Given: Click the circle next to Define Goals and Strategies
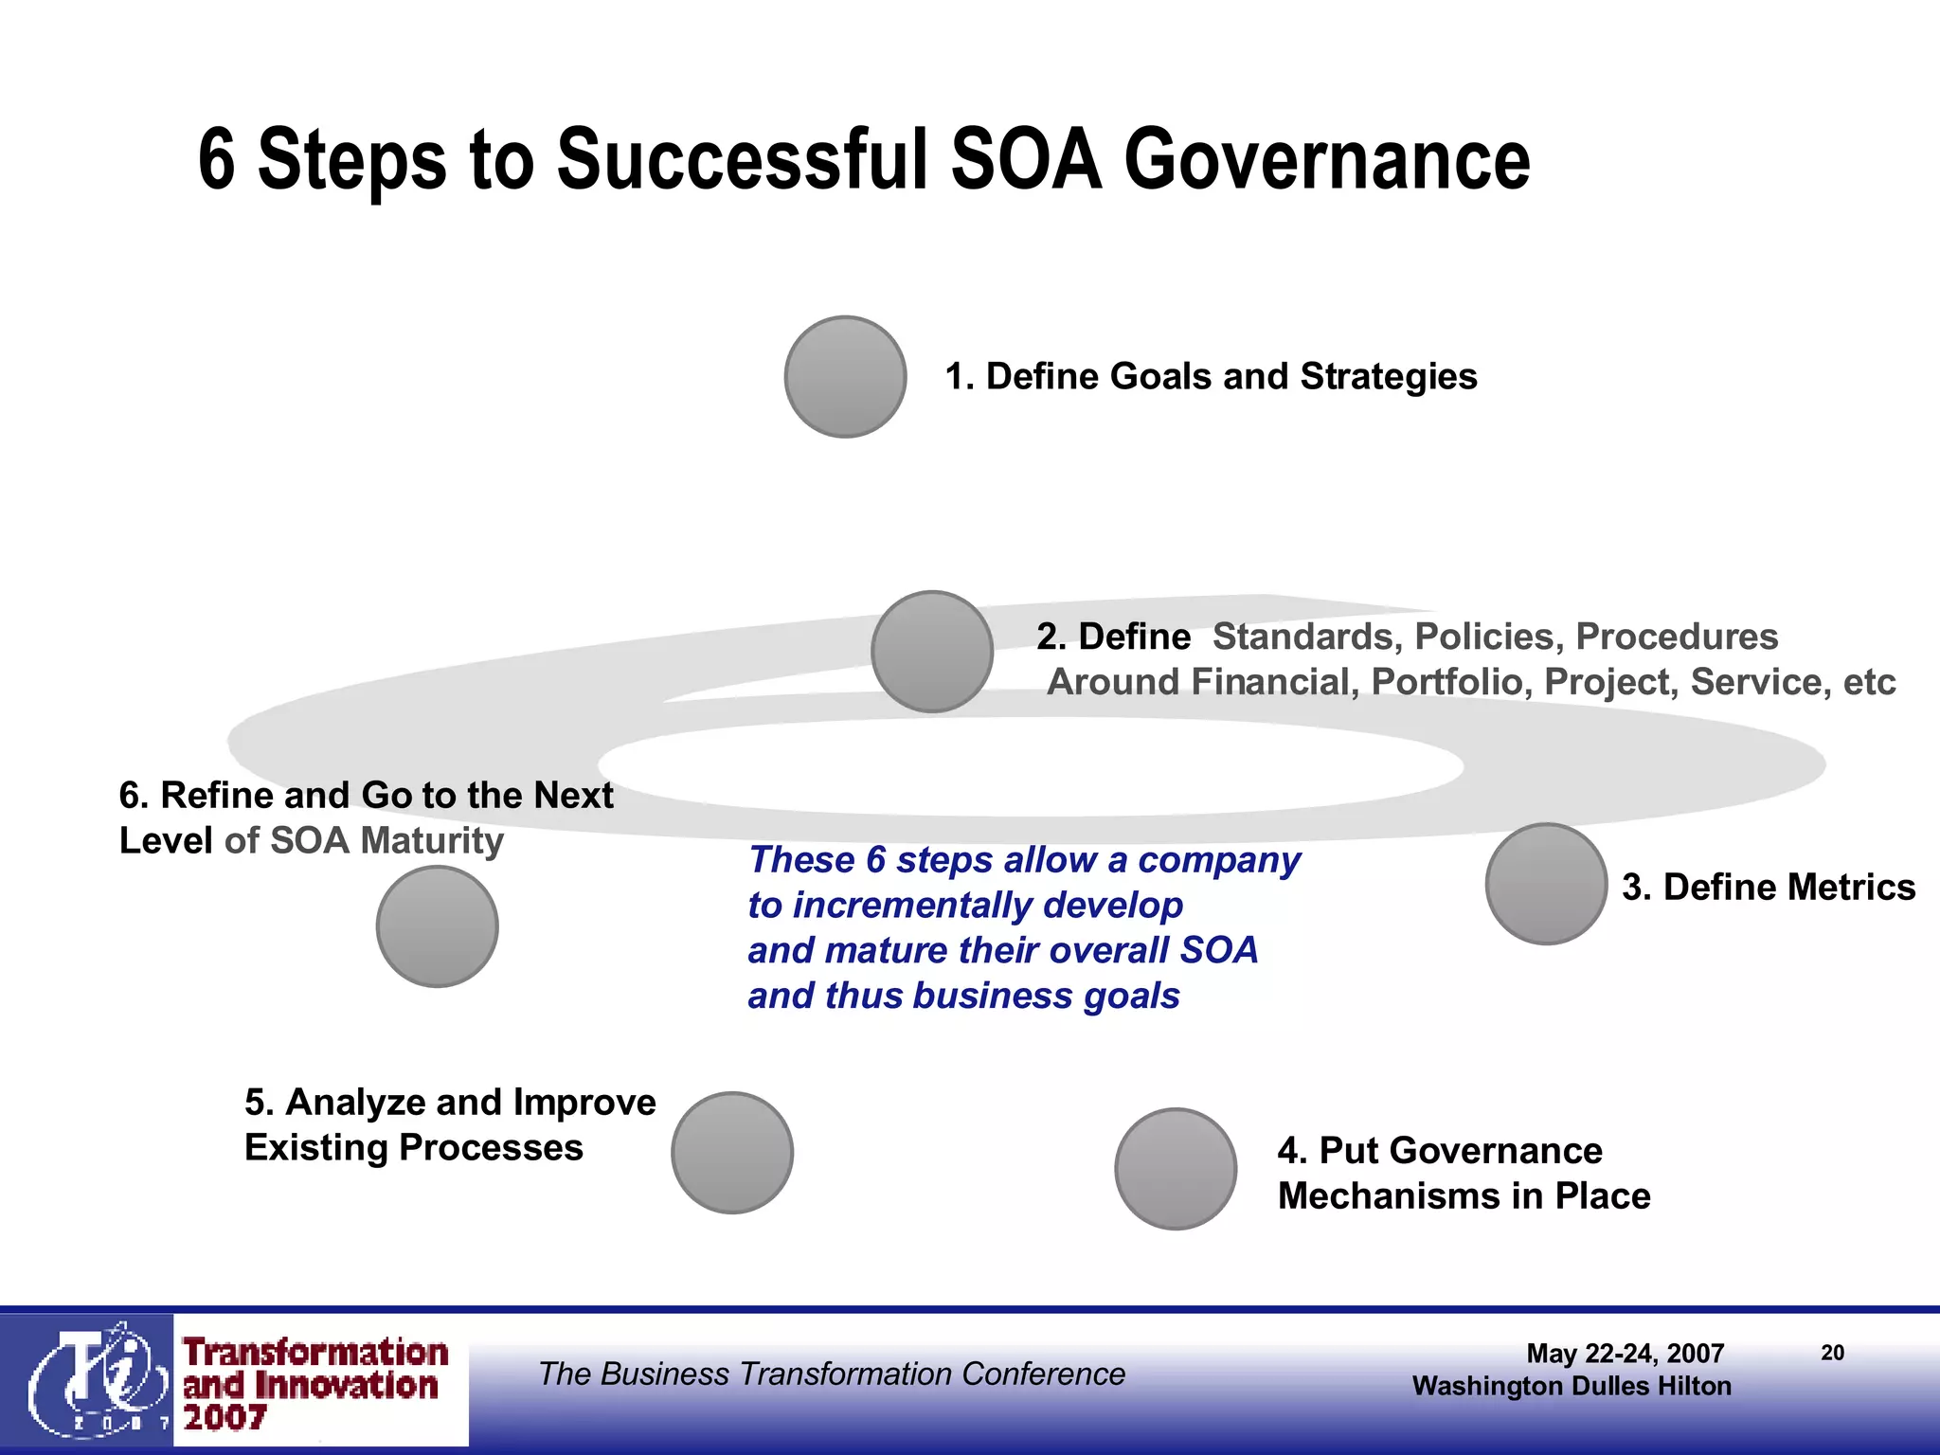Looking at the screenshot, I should (x=845, y=376).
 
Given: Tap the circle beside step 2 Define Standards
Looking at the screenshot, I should (x=931, y=652).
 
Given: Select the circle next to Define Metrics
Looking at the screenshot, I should (x=1545, y=884).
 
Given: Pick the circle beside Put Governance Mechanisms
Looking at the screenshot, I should (x=1175, y=1169).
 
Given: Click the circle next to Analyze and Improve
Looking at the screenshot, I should (x=731, y=1153).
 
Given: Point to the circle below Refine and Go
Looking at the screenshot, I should (x=437, y=926).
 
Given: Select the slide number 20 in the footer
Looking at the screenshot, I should (x=1832, y=1353).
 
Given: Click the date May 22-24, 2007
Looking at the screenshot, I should (x=1625, y=1354).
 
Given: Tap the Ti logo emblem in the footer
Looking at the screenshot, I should (x=90, y=1379).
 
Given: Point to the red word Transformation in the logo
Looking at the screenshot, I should (x=315, y=1353).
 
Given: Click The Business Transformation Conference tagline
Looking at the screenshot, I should (x=832, y=1374).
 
